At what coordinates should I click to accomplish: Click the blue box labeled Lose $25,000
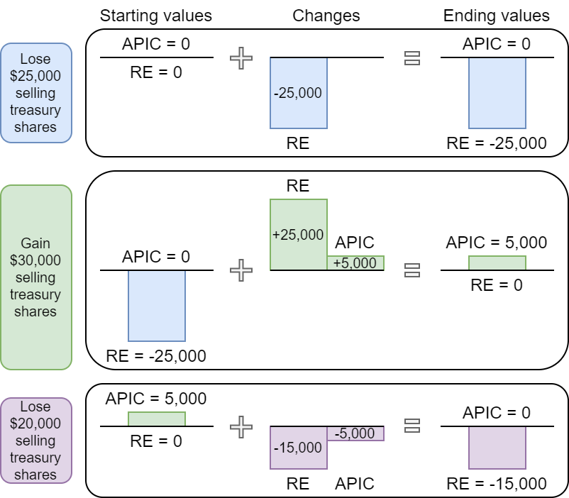coord(35,93)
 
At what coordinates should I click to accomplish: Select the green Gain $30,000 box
coord(35,277)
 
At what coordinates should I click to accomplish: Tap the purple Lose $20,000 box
coord(35,441)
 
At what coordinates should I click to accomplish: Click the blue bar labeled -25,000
coord(299,93)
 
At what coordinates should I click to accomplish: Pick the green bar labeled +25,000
coord(299,234)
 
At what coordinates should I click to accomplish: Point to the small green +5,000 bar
coord(355,262)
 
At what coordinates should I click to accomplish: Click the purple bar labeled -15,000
coord(299,448)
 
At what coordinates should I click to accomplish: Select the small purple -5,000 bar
coord(355,433)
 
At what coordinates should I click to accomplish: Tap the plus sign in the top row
coord(241,58)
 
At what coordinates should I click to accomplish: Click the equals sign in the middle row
coord(411,270)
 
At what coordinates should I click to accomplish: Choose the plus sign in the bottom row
coord(241,426)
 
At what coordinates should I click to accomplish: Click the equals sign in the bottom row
coord(411,426)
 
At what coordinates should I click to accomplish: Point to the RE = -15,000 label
coord(497,484)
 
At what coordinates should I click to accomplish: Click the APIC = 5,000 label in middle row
coord(497,243)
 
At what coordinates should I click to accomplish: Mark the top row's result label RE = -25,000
coord(497,143)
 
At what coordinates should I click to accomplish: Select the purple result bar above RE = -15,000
coord(497,448)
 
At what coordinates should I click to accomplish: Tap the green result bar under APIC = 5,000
coord(497,262)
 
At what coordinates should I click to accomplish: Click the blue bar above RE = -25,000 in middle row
coord(157,306)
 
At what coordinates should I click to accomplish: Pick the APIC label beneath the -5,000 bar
coord(355,484)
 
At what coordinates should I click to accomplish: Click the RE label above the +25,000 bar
coord(298,186)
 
